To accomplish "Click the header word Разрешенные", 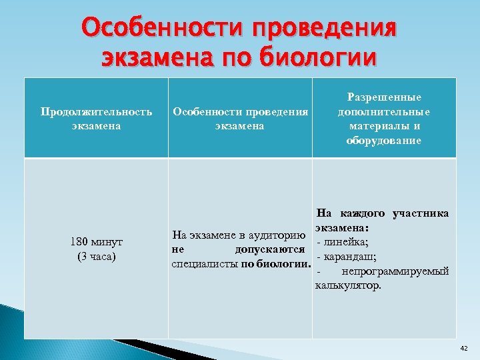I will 383,98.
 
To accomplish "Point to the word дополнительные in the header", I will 383,112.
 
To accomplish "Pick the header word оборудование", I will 383,140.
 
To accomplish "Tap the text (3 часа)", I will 97,256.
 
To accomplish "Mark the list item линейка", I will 347,242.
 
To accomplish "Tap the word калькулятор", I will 349,286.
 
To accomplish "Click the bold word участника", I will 421,213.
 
